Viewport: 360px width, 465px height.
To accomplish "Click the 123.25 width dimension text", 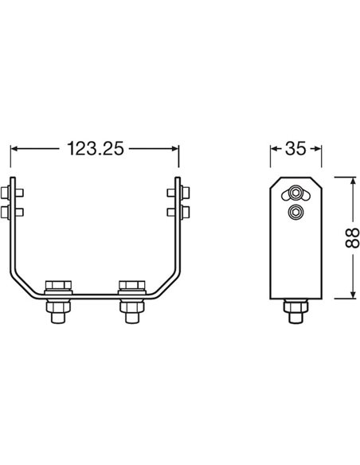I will [x=95, y=149].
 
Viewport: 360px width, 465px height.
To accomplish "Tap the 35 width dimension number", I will [x=296, y=149].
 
